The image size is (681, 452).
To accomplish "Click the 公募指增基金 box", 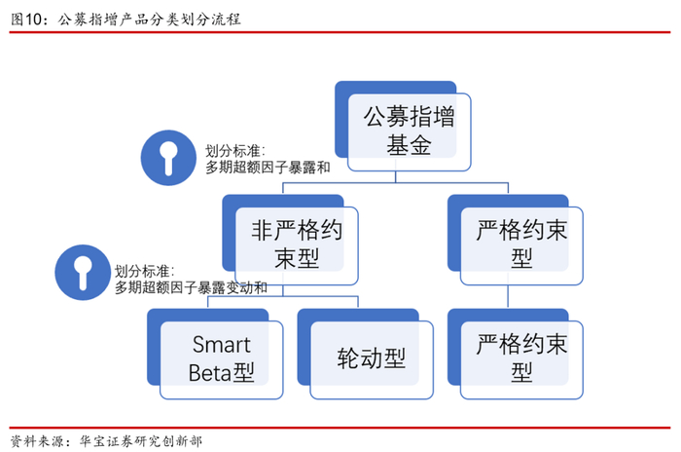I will pyautogui.click(x=409, y=132).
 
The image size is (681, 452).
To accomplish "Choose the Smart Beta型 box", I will pyautogui.click(x=221, y=358).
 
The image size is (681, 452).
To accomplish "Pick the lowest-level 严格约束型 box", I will pyautogui.click(x=522, y=358).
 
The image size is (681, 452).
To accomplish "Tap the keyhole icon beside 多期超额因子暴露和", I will pyautogui.click(x=167, y=156).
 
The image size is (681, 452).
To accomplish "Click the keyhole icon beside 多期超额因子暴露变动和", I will pyautogui.click(x=82, y=272).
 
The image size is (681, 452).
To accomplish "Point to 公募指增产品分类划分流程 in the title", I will pyautogui.click(x=149, y=18).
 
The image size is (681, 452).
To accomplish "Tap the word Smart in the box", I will pyautogui.click(x=221, y=345).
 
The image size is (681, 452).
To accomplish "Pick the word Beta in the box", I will pyautogui.click(x=210, y=372).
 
